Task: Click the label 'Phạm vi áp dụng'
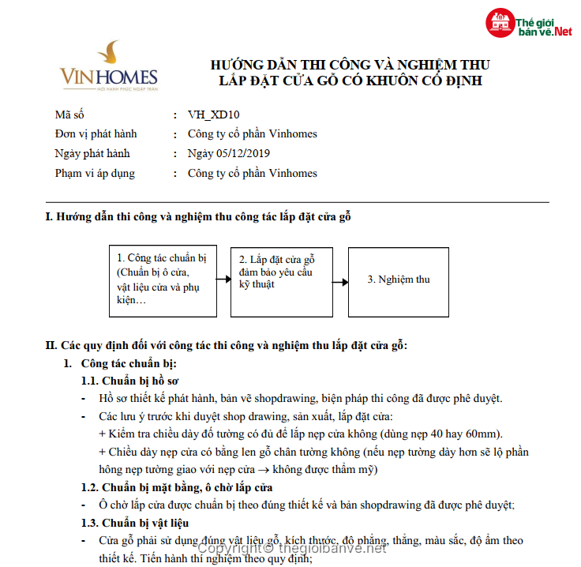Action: click(x=95, y=173)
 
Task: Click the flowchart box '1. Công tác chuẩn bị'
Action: click(x=163, y=280)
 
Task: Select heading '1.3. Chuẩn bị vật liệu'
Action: click(x=135, y=523)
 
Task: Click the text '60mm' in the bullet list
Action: click(x=482, y=434)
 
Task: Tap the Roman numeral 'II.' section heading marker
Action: click(x=51, y=346)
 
